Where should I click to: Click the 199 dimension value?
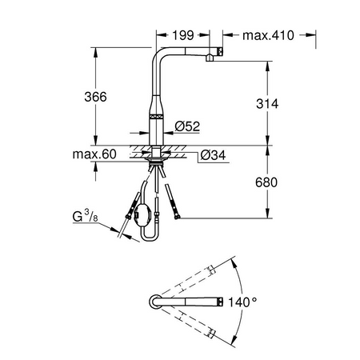(183, 35)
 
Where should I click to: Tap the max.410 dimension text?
(268, 35)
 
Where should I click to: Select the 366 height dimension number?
(95, 97)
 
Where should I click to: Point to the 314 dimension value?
(267, 104)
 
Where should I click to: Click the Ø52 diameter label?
(187, 126)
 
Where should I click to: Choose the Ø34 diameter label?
(213, 155)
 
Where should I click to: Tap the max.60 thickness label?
(94, 154)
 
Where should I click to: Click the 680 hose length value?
(266, 182)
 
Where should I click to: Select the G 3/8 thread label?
(85, 216)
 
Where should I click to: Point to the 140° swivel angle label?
(242, 302)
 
